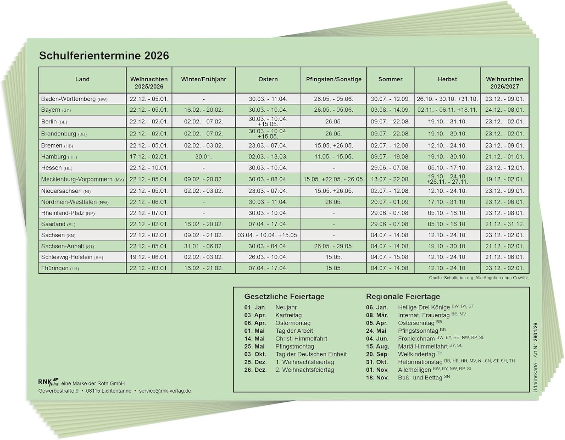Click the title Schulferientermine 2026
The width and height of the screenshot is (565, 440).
(x=104, y=56)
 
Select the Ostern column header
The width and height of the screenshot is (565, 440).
(x=268, y=79)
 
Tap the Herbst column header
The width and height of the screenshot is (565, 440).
(x=447, y=79)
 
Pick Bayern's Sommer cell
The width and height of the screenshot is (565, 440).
(x=390, y=110)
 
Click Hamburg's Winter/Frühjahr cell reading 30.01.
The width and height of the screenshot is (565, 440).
(x=203, y=157)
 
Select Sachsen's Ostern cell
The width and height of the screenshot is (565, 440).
(x=268, y=235)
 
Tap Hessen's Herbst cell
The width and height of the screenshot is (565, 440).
(x=447, y=168)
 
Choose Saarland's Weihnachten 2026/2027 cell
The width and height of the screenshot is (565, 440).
(x=504, y=224)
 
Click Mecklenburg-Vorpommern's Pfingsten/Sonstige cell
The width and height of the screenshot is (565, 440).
(x=334, y=180)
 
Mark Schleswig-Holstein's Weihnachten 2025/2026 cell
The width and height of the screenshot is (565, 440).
(x=149, y=257)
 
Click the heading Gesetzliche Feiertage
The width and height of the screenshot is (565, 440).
(x=284, y=297)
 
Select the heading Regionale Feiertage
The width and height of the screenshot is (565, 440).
(x=403, y=297)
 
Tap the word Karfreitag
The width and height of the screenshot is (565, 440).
(x=289, y=315)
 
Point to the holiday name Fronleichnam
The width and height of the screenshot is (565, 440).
(x=416, y=339)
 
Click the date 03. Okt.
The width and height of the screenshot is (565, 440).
(x=255, y=355)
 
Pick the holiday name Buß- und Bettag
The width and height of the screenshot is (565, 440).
(x=420, y=378)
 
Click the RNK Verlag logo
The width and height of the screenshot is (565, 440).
(x=48, y=382)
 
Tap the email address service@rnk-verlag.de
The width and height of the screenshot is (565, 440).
(x=165, y=391)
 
